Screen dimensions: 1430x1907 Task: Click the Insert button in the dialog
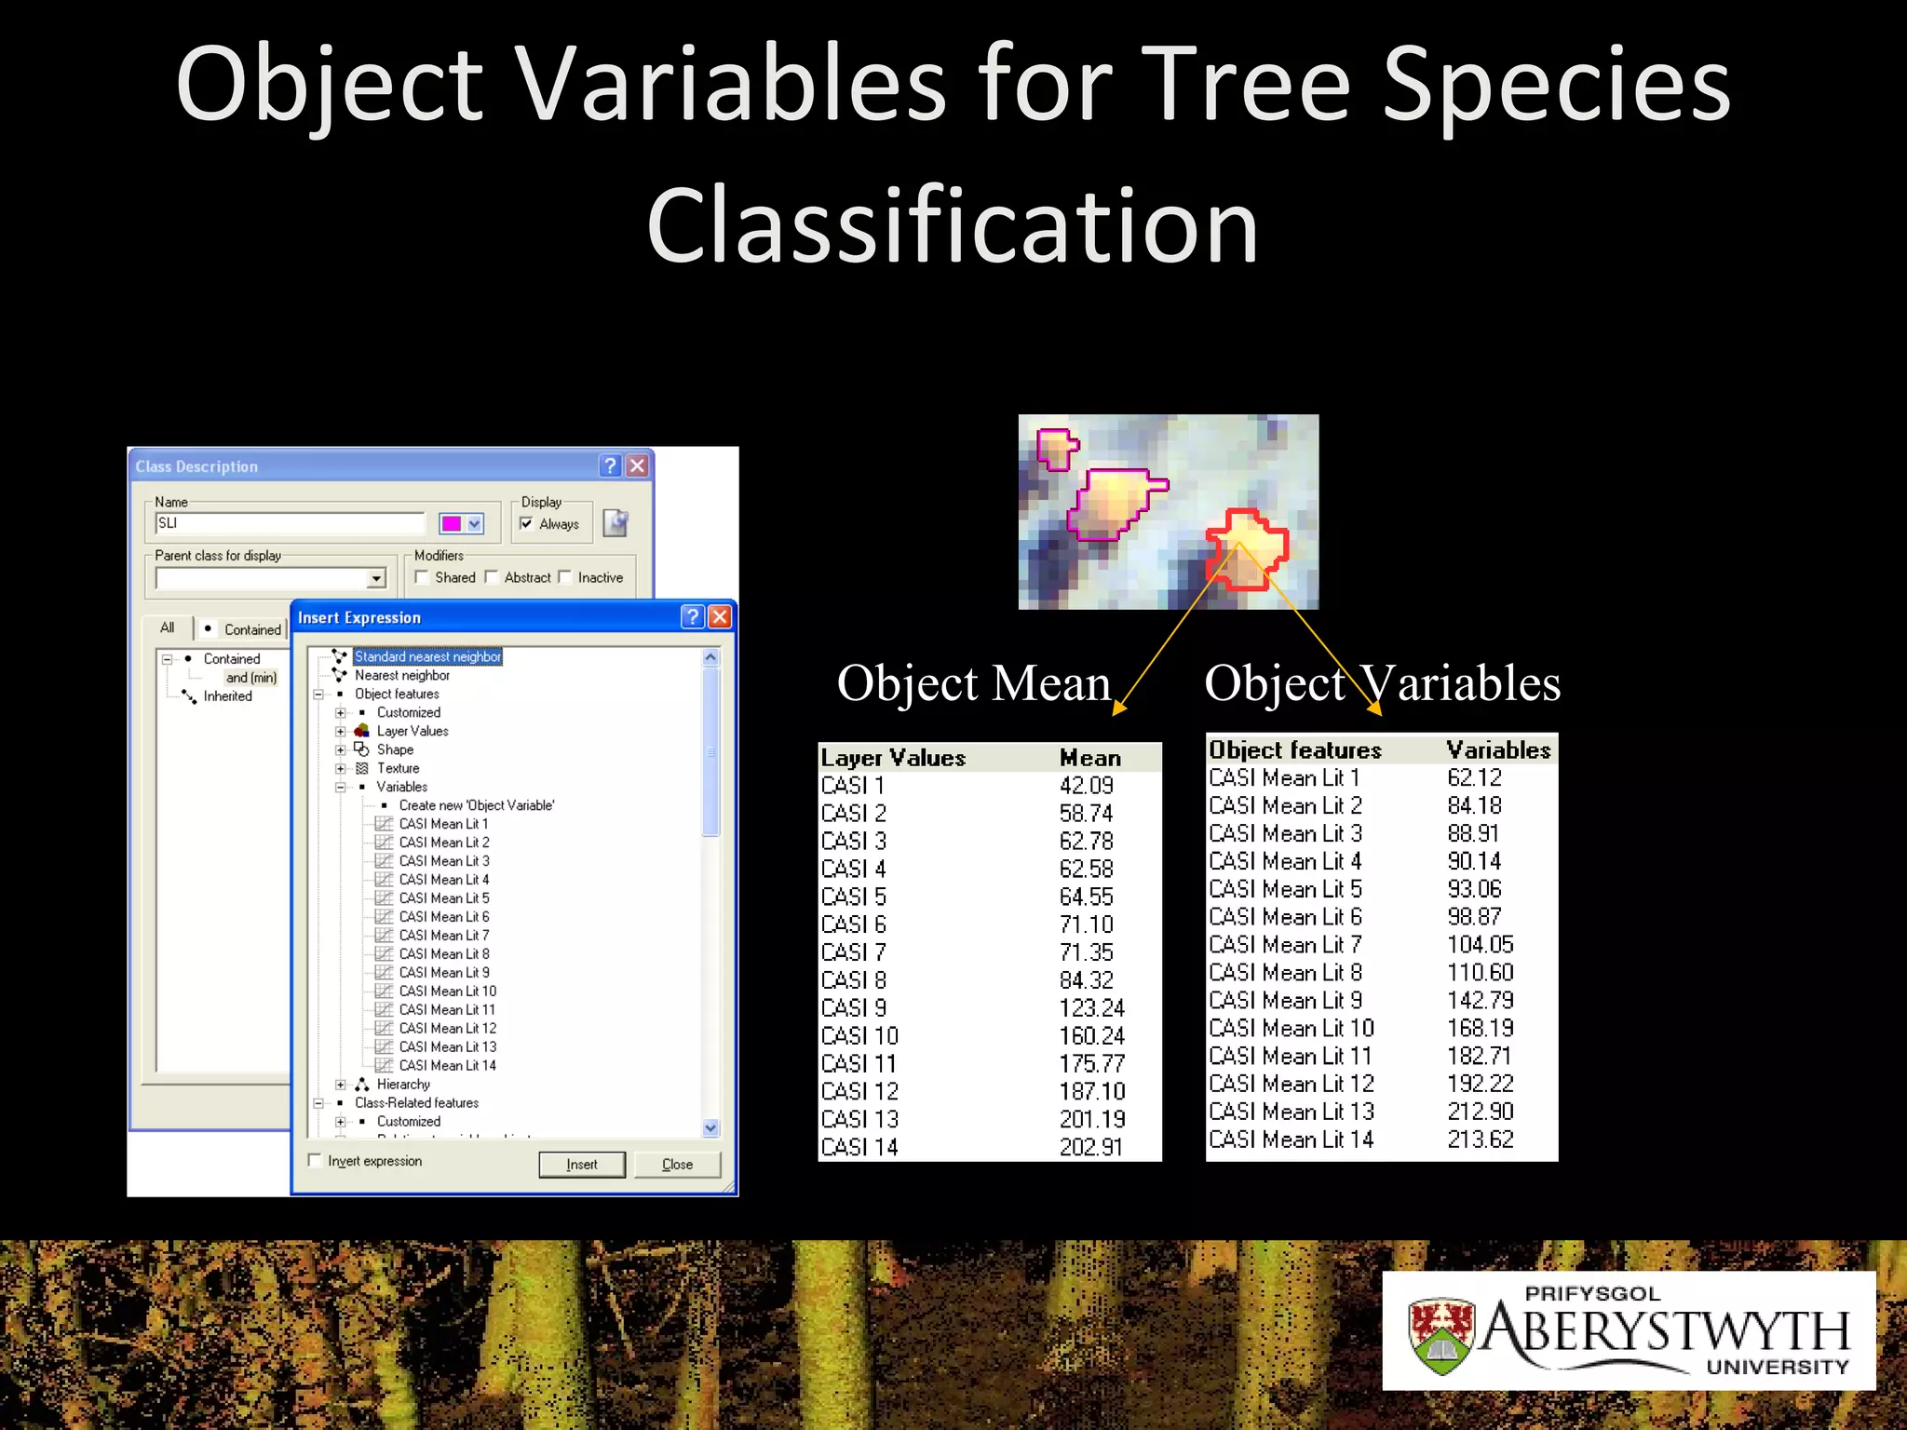pyautogui.click(x=582, y=1164)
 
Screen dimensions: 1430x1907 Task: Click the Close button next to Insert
pyautogui.click(x=677, y=1164)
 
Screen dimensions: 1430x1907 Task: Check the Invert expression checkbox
pyautogui.click(x=315, y=1160)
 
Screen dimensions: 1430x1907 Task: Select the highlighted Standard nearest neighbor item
pyautogui.click(x=427, y=656)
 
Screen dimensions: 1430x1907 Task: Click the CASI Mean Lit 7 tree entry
pyautogui.click(x=443, y=935)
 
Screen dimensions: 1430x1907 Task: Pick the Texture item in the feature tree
pyautogui.click(x=398, y=768)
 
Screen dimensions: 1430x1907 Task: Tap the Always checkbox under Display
pyautogui.click(x=526, y=523)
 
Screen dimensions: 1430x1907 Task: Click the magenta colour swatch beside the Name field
pyautogui.click(x=452, y=523)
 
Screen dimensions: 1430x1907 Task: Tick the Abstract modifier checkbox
pyautogui.click(x=492, y=577)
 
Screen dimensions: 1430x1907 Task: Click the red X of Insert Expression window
pyautogui.click(x=719, y=616)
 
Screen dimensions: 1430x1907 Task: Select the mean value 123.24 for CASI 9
pyautogui.click(x=1091, y=1007)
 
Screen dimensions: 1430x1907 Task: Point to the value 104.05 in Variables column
pyautogui.click(x=1480, y=944)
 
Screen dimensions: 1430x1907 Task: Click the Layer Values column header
pyautogui.click(x=893, y=758)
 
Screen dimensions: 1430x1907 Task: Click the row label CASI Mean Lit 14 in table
pyautogui.click(x=1291, y=1139)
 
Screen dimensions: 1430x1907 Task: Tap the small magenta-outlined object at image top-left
pyautogui.click(x=1056, y=449)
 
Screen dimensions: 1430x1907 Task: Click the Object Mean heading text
pyautogui.click(x=973, y=683)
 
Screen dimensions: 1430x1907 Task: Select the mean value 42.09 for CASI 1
pyautogui.click(x=1086, y=786)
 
